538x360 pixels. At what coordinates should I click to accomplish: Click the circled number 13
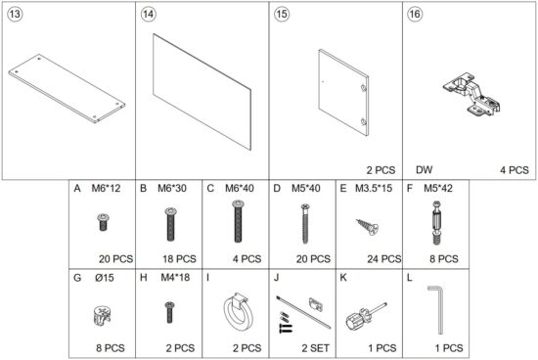[15, 15]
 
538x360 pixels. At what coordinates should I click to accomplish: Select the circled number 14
[149, 15]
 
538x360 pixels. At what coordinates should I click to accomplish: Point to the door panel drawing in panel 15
[343, 92]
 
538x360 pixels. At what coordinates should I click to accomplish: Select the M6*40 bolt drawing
[236, 223]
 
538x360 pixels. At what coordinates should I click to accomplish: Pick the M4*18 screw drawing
[168, 313]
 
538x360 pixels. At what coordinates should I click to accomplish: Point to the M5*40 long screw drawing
[302, 223]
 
